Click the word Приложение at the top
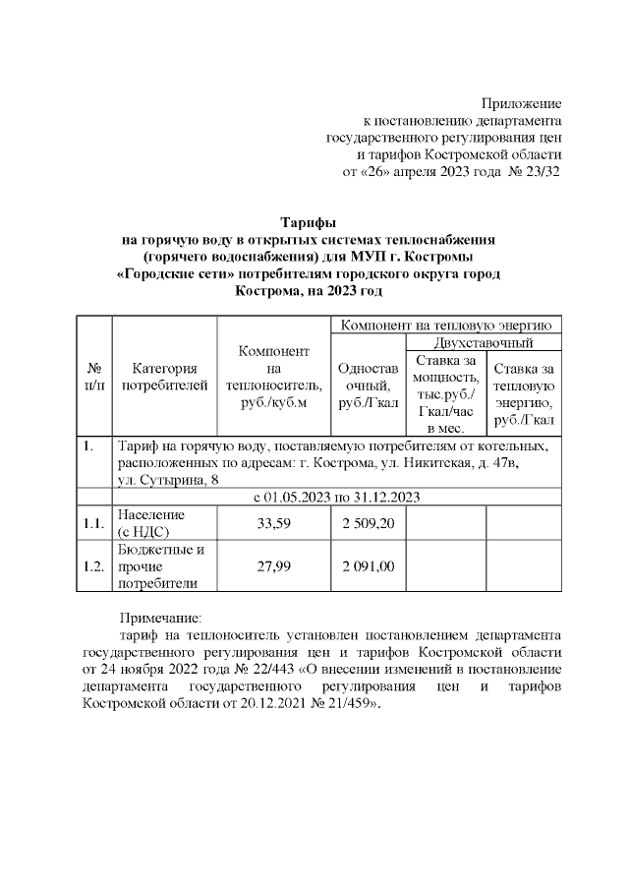pyautogui.click(x=521, y=103)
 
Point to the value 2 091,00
pyautogui.click(x=368, y=565)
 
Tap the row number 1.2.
pyautogui.click(x=94, y=565)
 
